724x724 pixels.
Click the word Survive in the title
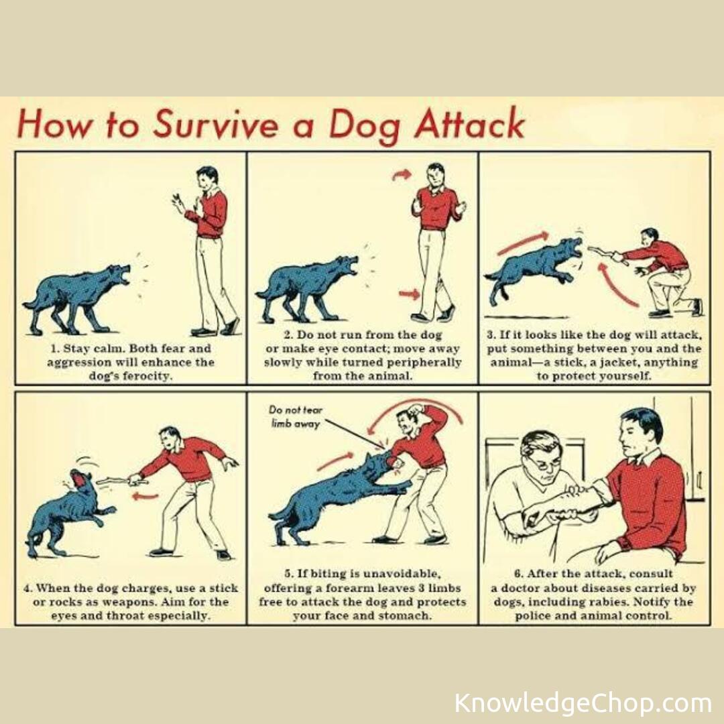pyautogui.click(x=217, y=124)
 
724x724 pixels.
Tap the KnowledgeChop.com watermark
pyautogui.click(x=583, y=703)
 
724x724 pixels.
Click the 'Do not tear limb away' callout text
pyautogui.click(x=296, y=416)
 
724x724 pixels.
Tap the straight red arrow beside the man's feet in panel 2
pyautogui.click(x=409, y=294)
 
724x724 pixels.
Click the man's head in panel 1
pyautogui.click(x=207, y=178)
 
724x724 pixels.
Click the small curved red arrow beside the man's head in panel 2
pyautogui.click(x=402, y=175)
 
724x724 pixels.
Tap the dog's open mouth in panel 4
pyautogui.click(x=78, y=479)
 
